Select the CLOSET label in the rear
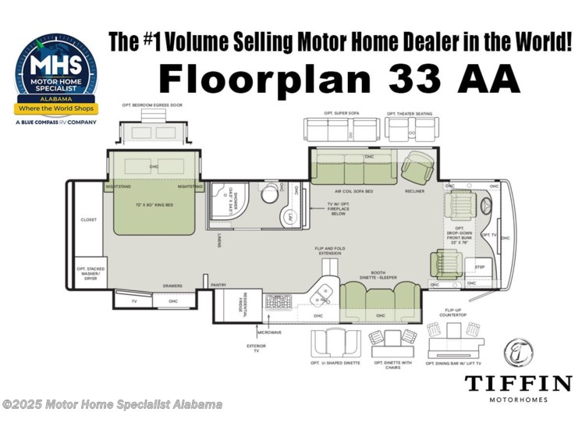[88, 220]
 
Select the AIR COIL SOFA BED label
[353, 190]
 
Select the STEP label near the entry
[479, 267]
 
